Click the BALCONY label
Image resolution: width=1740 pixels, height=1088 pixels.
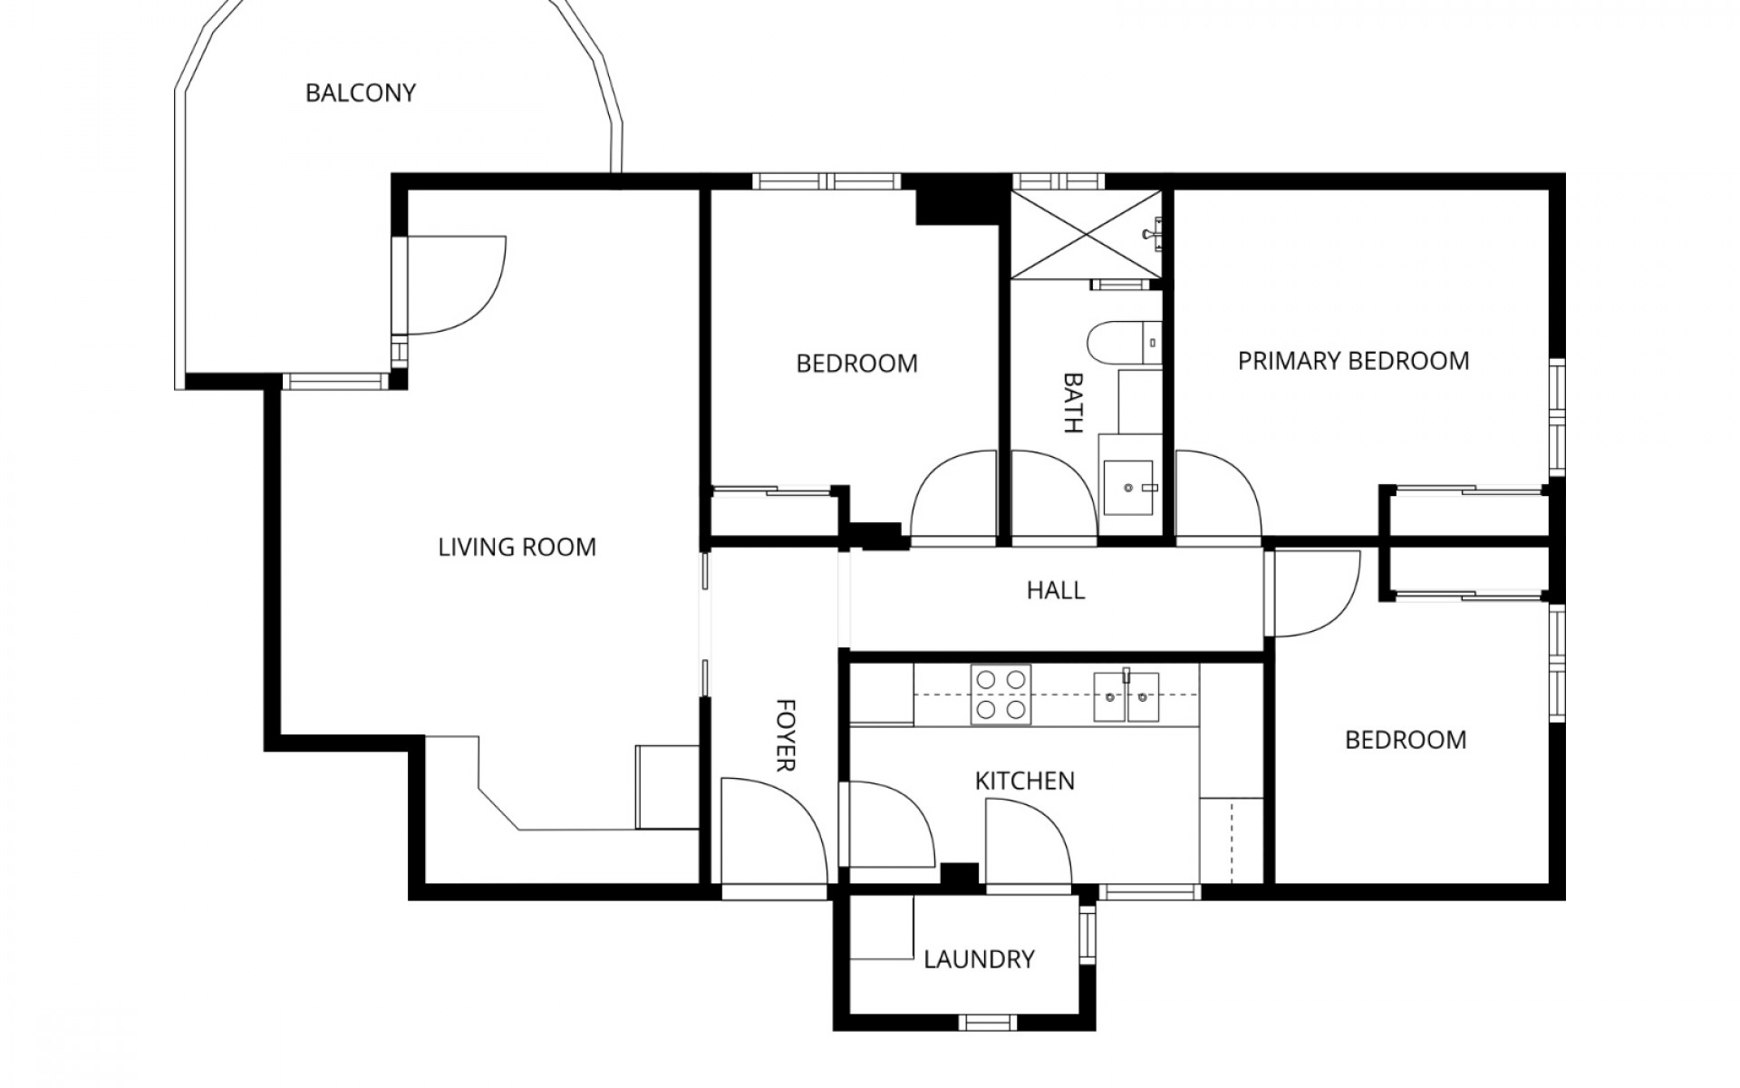click(x=360, y=93)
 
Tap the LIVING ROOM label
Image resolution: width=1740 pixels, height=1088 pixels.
click(x=517, y=548)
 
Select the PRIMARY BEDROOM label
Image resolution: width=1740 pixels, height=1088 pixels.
click(x=1353, y=361)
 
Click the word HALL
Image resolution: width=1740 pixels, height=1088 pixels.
click(x=1056, y=591)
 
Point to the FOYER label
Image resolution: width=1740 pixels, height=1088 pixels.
click(x=786, y=734)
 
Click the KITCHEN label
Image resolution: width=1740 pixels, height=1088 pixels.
click(x=1024, y=781)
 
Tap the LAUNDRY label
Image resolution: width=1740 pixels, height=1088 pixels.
click(x=979, y=959)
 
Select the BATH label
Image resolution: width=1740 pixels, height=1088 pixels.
click(x=1073, y=403)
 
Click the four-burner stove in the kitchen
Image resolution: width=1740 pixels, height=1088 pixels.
click(x=1000, y=695)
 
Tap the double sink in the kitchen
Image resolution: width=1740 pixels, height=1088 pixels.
click(x=1126, y=696)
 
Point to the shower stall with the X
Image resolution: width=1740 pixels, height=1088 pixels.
click(x=1085, y=234)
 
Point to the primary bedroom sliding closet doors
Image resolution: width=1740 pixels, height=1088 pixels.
click(x=1468, y=491)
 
